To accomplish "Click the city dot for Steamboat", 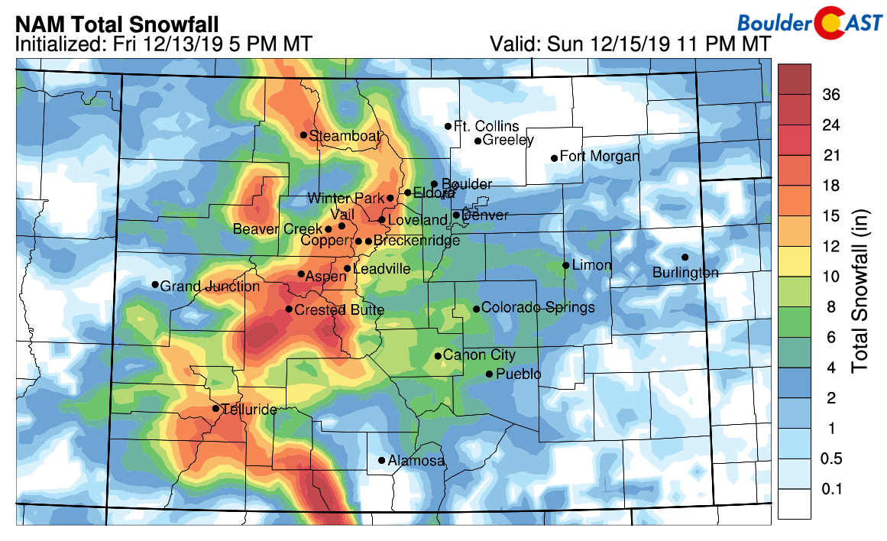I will click(303, 135).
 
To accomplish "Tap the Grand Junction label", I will click(210, 287).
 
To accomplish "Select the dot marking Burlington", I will click(685, 257).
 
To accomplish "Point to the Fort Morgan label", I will click(599, 157).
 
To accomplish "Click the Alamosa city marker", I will click(381, 460).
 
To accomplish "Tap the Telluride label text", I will click(250, 410).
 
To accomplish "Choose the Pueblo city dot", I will click(489, 374).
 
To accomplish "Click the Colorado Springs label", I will click(539, 308).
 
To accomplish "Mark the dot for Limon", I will click(565, 265).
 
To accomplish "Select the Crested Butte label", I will click(339, 310).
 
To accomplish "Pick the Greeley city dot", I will click(477, 141).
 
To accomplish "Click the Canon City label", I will click(479, 355).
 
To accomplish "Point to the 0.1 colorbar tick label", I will click(831, 489).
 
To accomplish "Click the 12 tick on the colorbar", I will click(831, 246).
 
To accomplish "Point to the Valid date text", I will click(630, 45).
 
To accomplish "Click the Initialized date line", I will click(163, 45).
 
